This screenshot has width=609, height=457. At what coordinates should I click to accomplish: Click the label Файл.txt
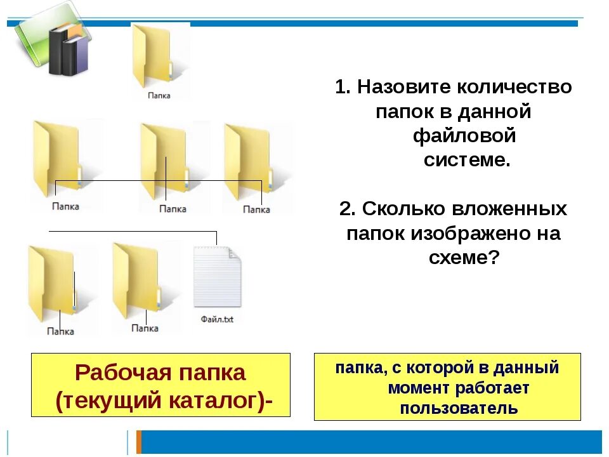tap(217, 319)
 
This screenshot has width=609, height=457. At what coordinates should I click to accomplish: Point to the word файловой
tap(465, 135)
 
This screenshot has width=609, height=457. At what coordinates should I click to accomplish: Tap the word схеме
tap(456, 258)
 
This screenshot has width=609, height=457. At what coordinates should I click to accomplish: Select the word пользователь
tap(459, 407)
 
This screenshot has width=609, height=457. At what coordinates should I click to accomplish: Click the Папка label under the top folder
tap(159, 95)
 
